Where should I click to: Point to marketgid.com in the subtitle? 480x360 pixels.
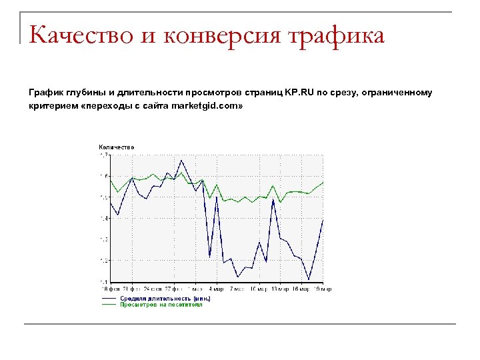point(207,106)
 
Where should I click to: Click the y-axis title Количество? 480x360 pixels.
point(117,147)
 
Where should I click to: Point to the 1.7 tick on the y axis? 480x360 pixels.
point(103,155)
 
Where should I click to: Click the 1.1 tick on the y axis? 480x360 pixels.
point(103,282)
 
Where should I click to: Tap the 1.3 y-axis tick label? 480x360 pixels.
point(103,239)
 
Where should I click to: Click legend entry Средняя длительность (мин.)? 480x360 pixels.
point(165,298)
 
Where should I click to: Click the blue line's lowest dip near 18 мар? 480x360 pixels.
point(309,279)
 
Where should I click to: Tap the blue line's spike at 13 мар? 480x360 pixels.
point(273,199)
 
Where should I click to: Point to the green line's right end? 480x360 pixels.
point(323,182)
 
